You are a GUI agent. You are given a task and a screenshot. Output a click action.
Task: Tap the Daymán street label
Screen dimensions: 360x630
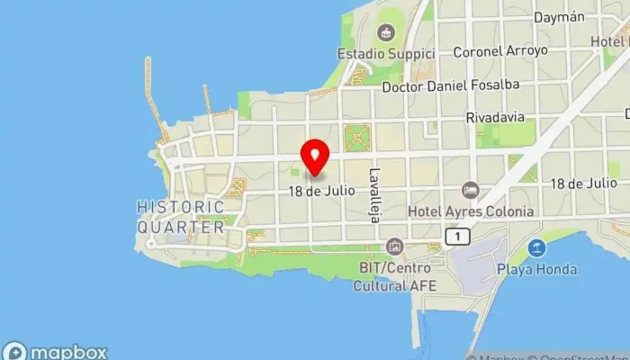click(559, 17)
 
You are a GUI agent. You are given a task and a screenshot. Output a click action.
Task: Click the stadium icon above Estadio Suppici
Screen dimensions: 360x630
click(386, 33)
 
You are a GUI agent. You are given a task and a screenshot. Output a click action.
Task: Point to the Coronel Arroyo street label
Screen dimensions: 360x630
click(499, 51)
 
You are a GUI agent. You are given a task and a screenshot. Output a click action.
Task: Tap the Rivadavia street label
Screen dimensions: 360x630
click(495, 118)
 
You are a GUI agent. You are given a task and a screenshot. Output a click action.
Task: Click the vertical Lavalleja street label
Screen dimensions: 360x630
click(374, 194)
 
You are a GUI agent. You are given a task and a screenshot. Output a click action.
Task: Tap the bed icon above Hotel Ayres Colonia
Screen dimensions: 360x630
click(470, 190)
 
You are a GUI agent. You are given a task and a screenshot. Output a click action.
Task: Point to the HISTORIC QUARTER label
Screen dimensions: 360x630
click(180, 217)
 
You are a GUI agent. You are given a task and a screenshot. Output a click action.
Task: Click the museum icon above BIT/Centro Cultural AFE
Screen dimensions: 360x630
click(393, 246)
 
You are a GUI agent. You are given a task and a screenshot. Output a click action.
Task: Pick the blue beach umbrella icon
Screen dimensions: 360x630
click(536, 247)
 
